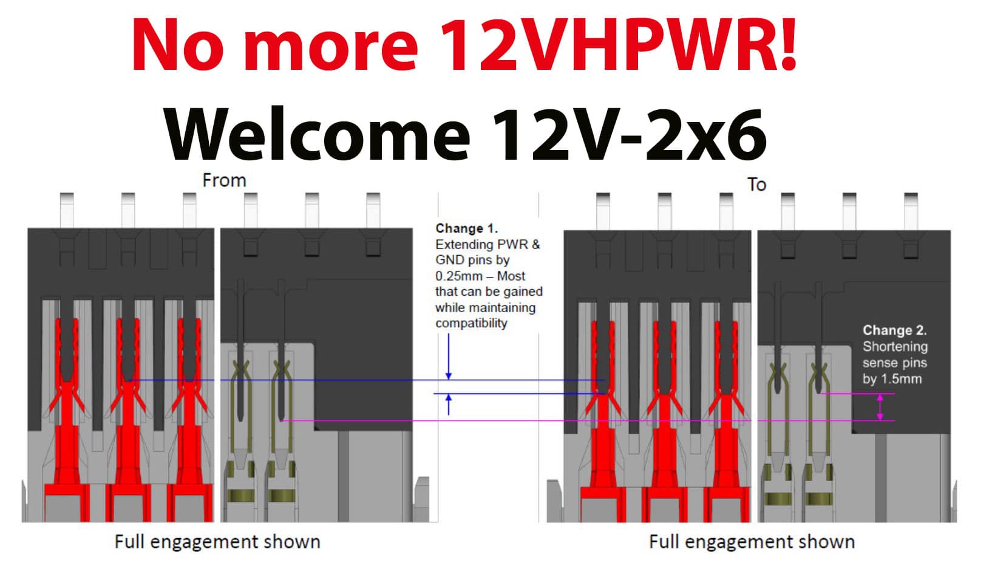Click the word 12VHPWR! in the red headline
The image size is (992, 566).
click(619, 44)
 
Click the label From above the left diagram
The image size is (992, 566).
click(224, 181)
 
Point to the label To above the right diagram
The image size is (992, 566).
click(756, 185)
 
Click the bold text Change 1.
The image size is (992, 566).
click(467, 228)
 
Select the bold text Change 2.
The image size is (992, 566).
click(895, 330)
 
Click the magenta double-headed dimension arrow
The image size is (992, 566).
click(880, 407)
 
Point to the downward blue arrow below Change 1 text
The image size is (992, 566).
click(449, 356)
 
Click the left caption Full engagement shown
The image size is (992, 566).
click(217, 542)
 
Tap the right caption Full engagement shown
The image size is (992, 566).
click(752, 542)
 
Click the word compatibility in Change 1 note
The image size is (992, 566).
click(471, 323)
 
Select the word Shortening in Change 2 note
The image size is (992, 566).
click(895, 347)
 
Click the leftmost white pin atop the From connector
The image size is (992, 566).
click(67, 210)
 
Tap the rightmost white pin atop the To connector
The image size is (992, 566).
click(911, 211)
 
